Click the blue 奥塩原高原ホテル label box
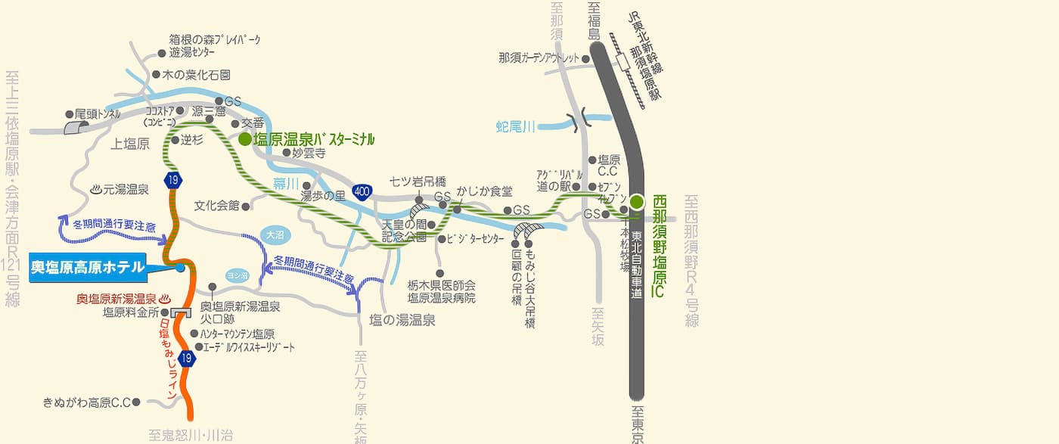click(88, 267)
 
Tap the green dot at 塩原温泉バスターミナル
click(244, 139)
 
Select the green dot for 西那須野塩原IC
click(637, 201)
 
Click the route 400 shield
click(362, 192)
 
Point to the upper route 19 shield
click(174, 180)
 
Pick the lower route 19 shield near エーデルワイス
click(187, 359)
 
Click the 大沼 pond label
click(275, 235)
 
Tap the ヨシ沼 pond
click(237, 276)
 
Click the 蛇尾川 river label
click(516, 126)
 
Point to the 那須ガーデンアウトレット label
click(539, 57)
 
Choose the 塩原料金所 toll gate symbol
click(180, 312)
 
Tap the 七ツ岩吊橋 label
click(418, 182)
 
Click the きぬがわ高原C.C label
click(86, 402)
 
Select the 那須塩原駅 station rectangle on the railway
click(624, 61)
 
